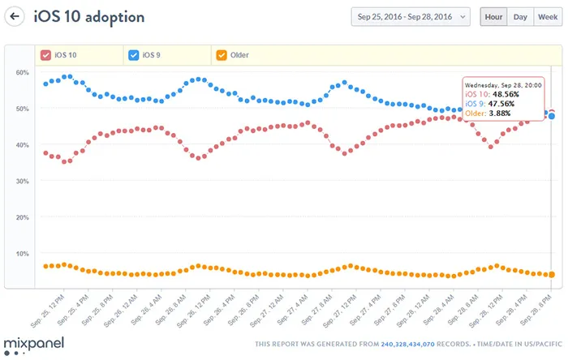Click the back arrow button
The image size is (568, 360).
pos(15,16)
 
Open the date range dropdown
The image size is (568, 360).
pos(411,16)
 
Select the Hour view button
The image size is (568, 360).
pos(493,16)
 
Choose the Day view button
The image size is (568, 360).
pos(520,16)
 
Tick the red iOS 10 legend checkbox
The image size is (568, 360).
pos(45,55)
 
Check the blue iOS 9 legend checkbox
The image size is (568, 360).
pos(134,55)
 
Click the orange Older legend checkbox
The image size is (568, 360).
pos(221,55)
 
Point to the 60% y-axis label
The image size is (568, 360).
pos(21,73)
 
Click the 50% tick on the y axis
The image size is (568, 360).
pos(21,109)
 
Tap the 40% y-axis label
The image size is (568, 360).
pos(21,145)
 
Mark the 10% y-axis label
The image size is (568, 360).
pos(21,254)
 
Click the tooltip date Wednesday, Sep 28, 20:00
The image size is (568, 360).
pos(503,84)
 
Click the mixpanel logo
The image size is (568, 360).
pos(33,343)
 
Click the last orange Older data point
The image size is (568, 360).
pos(552,275)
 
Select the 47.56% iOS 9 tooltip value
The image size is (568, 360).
pos(506,103)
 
